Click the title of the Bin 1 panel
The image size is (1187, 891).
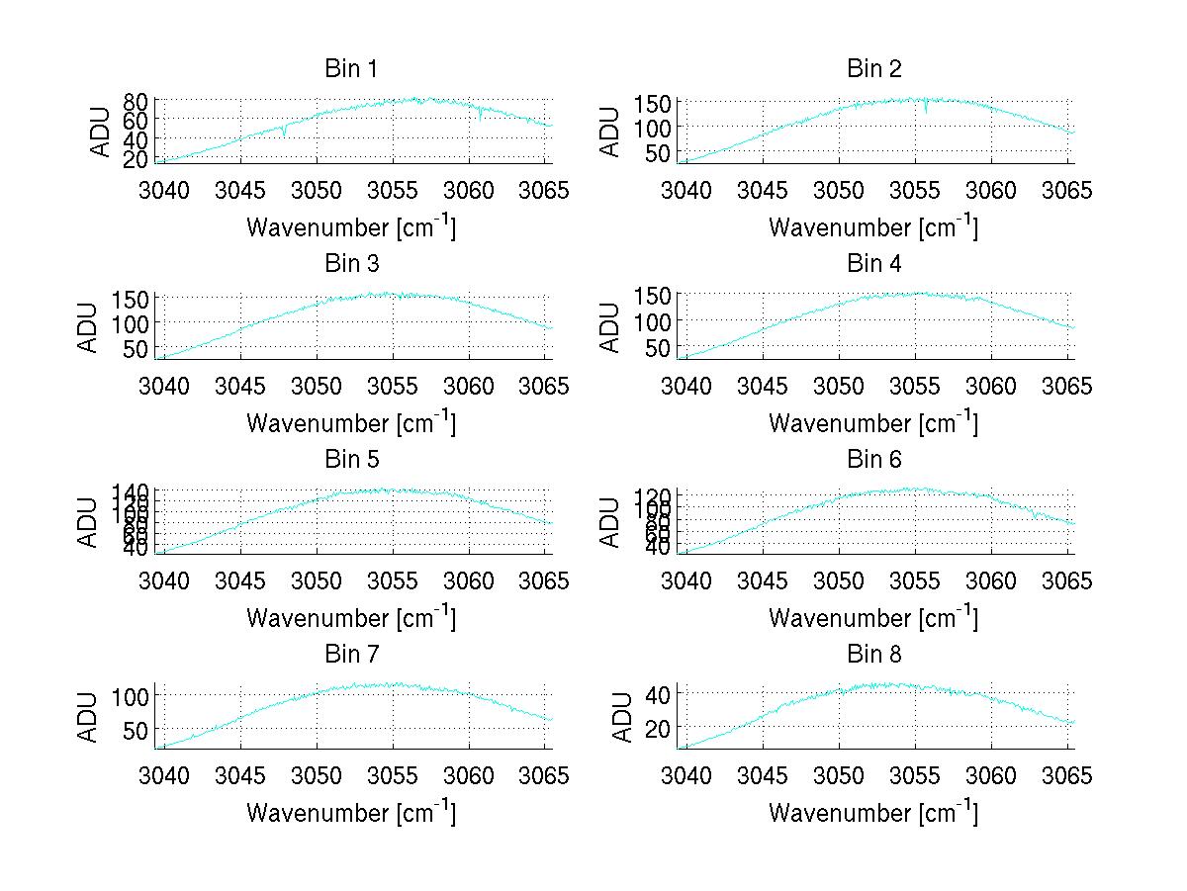[351, 69]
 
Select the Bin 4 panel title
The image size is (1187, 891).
[874, 264]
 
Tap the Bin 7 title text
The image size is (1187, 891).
[351, 655]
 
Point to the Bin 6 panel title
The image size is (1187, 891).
[874, 460]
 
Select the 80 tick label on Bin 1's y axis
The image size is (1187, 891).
[136, 101]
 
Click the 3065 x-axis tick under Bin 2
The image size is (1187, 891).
[1067, 190]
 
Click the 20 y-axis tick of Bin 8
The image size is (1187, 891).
[660, 728]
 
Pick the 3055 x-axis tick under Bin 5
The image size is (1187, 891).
[394, 580]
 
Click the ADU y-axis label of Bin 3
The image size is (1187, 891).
[88, 327]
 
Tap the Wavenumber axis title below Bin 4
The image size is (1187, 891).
[873, 422]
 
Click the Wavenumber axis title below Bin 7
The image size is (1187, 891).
[351, 813]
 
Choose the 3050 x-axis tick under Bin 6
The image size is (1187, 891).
[839, 580]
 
